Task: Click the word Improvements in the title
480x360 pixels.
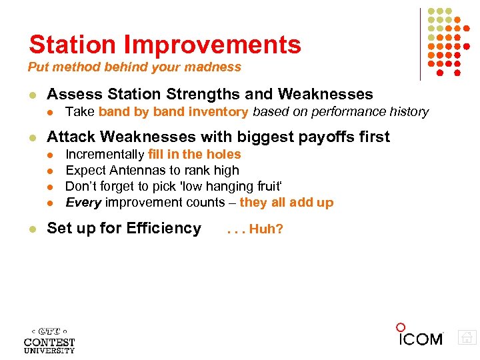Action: pos(213,45)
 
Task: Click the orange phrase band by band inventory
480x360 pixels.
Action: pos(173,112)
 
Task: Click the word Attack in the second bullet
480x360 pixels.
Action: pos(69,137)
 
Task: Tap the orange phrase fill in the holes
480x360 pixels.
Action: pos(194,155)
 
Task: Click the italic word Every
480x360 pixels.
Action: pos(83,203)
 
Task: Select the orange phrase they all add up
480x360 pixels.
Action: pos(286,203)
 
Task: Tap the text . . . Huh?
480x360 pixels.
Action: pos(255,229)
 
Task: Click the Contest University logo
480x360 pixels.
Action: pos(49,339)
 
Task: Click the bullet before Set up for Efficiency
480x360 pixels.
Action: pos(31,229)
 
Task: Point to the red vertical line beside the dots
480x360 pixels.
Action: pos(421,43)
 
